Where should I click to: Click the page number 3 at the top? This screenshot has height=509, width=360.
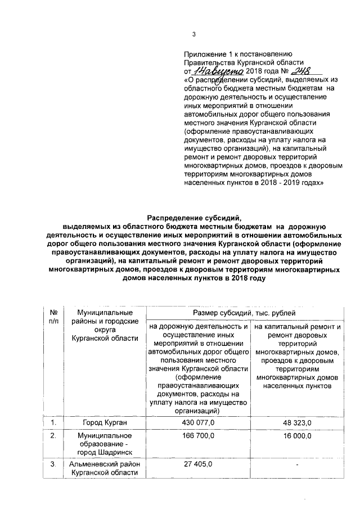point(193,35)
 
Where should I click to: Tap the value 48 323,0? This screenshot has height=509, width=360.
point(299,422)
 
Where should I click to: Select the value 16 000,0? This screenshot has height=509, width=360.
point(299,436)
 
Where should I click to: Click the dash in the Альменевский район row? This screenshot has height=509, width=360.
point(299,464)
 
